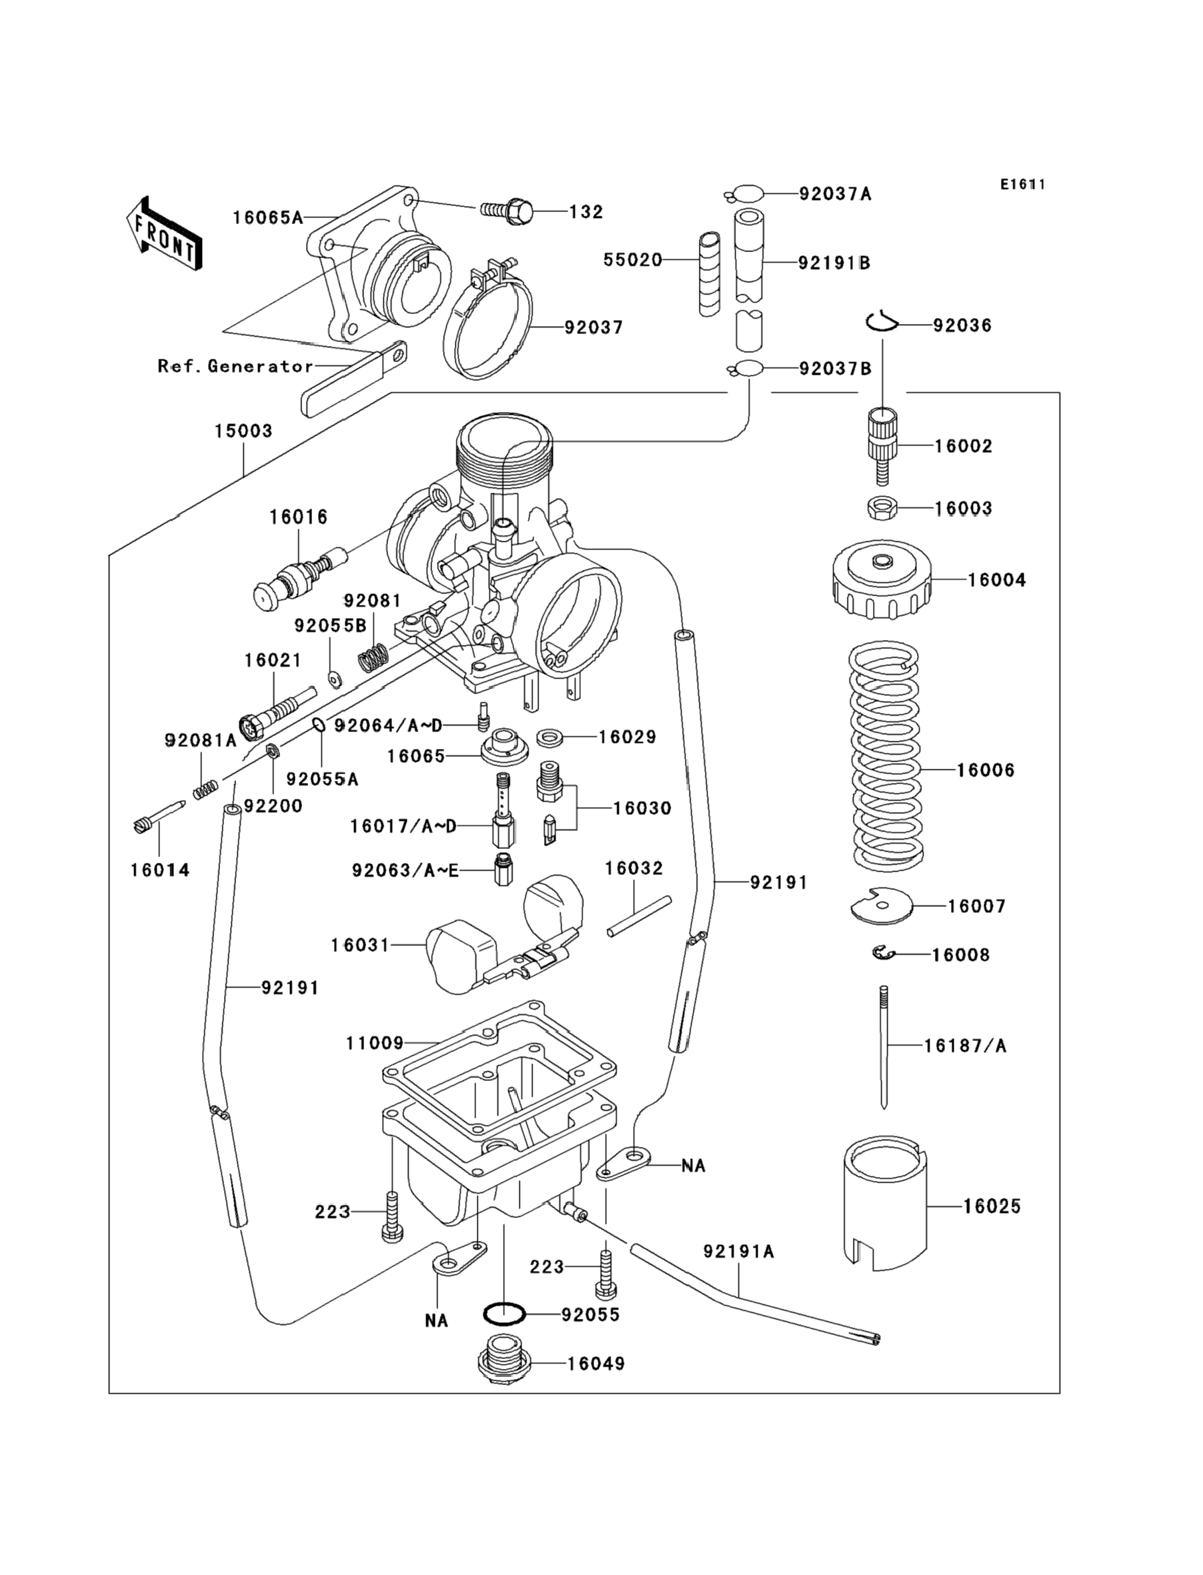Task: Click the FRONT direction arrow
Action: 164,235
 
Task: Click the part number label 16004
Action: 996,580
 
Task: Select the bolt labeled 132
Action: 510,211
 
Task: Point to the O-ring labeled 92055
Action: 504,1314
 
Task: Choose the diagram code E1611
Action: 1022,185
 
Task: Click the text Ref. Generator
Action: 235,367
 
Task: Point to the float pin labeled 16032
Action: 639,916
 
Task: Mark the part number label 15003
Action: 243,431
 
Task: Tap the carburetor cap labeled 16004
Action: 882,580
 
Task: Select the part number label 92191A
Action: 738,1252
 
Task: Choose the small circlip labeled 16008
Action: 884,953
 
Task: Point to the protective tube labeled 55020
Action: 710,273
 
